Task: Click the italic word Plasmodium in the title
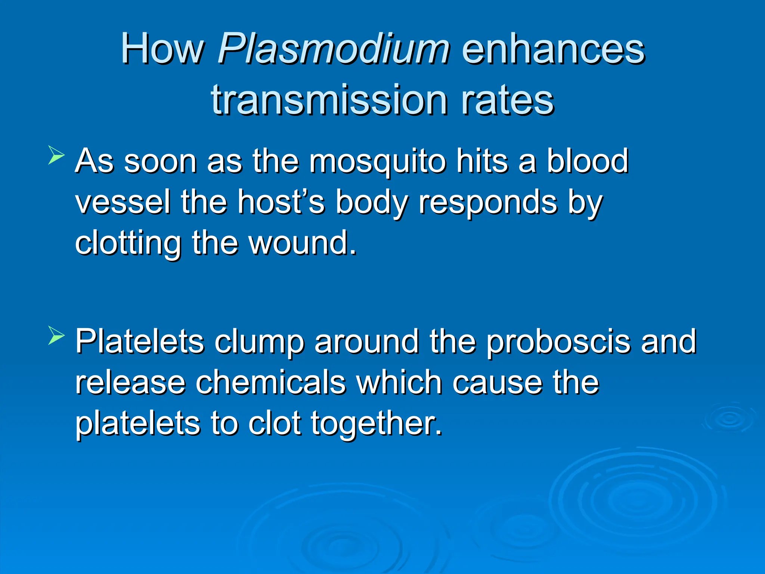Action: [334, 49]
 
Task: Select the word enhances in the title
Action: [553, 49]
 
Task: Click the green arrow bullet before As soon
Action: [56, 155]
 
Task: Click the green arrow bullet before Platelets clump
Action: [56, 335]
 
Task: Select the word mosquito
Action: [377, 161]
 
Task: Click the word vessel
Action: [122, 202]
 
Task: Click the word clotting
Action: [128, 244]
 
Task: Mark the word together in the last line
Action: [377, 424]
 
